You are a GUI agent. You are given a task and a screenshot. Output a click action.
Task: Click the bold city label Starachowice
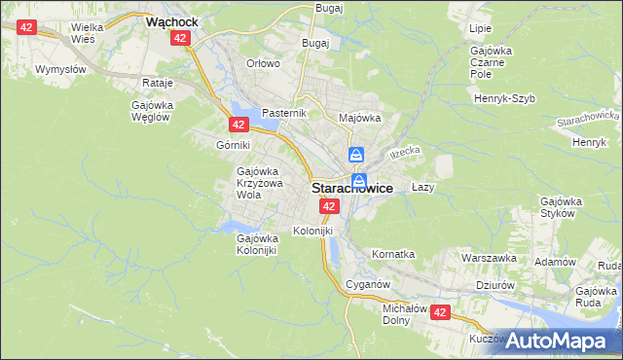[352, 190]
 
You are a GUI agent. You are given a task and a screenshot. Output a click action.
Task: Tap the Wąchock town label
[172, 19]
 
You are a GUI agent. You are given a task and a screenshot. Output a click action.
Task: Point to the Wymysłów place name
[60, 70]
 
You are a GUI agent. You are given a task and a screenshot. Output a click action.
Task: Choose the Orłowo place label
[263, 63]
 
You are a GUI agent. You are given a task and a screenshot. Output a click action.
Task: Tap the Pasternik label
[284, 113]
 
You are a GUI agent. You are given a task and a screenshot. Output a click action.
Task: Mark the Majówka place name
[359, 118]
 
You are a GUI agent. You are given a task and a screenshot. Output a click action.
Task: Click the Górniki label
[234, 145]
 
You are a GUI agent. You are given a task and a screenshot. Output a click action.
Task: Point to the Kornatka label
[393, 254]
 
